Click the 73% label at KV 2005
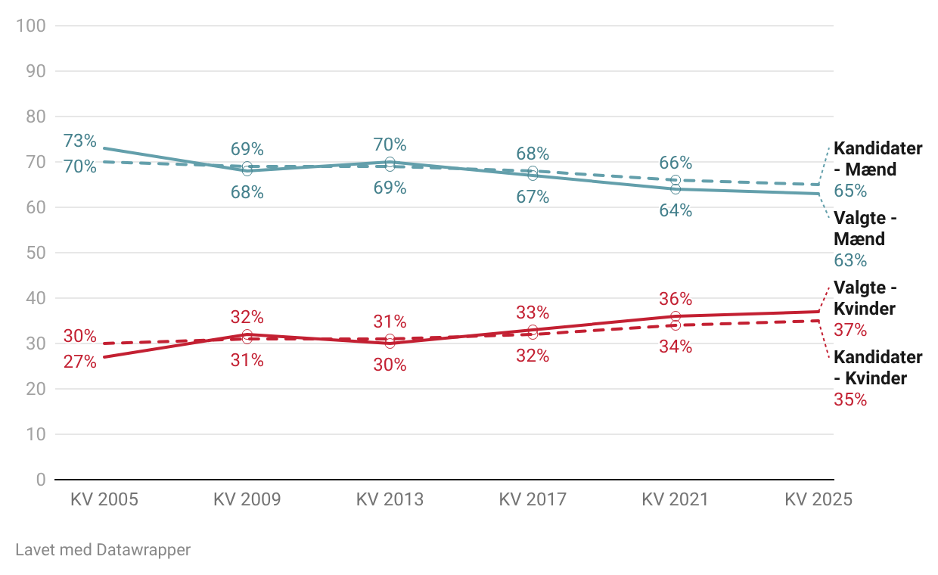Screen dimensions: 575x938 click(80, 141)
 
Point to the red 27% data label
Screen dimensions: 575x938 click(80, 362)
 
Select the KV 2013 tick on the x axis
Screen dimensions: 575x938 click(390, 499)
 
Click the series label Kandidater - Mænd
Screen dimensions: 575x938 click(877, 159)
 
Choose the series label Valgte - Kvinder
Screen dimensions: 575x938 click(865, 298)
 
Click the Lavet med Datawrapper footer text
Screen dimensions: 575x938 click(103, 550)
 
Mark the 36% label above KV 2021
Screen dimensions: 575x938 click(676, 299)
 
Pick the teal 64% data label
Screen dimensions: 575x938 click(676, 210)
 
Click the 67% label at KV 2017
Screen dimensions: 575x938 click(533, 197)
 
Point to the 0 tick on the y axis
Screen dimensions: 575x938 click(40, 480)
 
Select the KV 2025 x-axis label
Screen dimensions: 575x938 click(818, 499)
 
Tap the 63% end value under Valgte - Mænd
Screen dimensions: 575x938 click(850, 260)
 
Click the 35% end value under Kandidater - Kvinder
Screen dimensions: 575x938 click(850, 399)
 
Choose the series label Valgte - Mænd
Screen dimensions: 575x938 click(865, 228)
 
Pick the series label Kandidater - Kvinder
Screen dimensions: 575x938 click(877, 368)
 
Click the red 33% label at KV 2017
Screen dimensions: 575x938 click(533, 312)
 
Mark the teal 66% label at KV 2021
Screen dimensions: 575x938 click(676, 163)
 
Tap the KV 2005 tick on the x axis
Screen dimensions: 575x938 click(104, 499)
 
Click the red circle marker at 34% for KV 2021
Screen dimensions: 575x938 click(676, 325)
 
